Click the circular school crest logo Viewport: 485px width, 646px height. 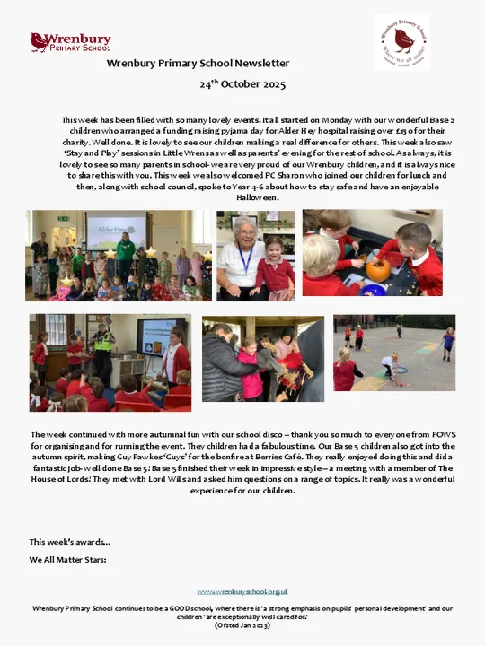(401, 42)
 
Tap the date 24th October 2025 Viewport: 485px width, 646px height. (242, 84)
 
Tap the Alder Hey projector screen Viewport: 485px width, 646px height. (116, 230)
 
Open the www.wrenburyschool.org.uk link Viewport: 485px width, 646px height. (242, 591)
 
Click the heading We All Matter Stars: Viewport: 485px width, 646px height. (67, 559)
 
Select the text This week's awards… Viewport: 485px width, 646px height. (70, 542)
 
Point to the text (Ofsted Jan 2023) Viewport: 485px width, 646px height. (242, 624)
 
